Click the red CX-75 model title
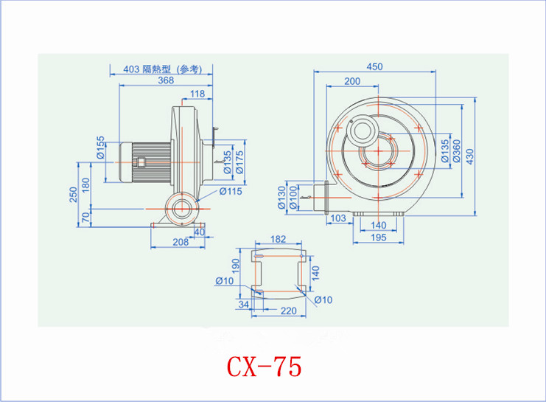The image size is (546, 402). pos(264,367)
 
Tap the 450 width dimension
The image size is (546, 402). pos(374,66)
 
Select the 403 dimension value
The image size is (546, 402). pos(131,69)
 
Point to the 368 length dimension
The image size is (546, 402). pos(166,80)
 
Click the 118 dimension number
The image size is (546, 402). pos(197,94)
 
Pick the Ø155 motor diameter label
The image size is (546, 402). pos(100,148)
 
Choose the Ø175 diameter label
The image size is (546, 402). pos(239,162)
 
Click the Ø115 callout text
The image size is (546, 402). pos(231,191)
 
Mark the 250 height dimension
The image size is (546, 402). pos(73,195)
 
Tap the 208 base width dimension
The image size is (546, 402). pos(181,242)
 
